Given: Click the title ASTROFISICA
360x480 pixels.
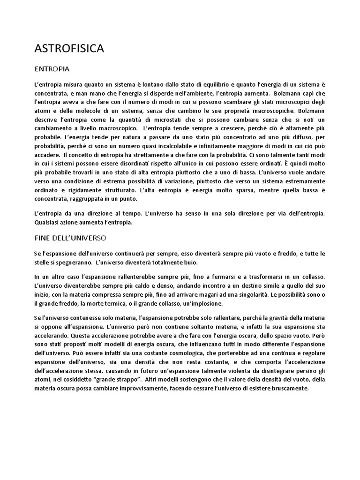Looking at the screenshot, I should (x=69, y=48).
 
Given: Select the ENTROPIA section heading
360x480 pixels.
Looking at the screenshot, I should (x=52, y=69).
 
